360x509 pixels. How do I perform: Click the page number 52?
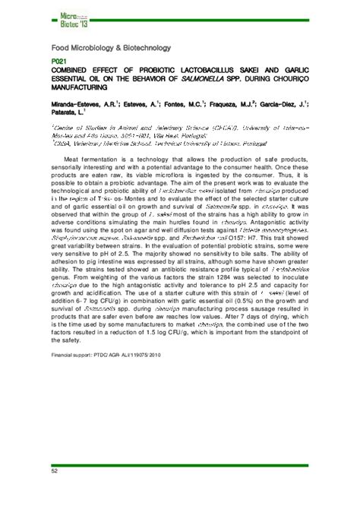point(55,472)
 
